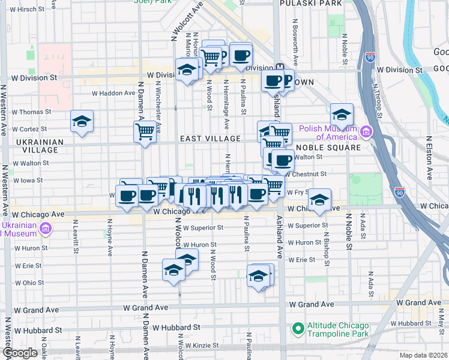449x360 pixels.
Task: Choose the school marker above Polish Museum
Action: pos(342,114)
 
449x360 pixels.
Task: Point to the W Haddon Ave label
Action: pos(113,93)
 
